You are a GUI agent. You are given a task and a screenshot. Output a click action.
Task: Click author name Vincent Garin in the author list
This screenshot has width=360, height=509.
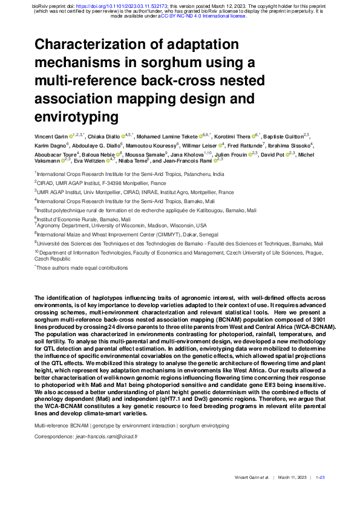(51, 138)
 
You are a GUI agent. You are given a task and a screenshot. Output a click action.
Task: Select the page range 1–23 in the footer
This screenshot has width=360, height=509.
(321, 478)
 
